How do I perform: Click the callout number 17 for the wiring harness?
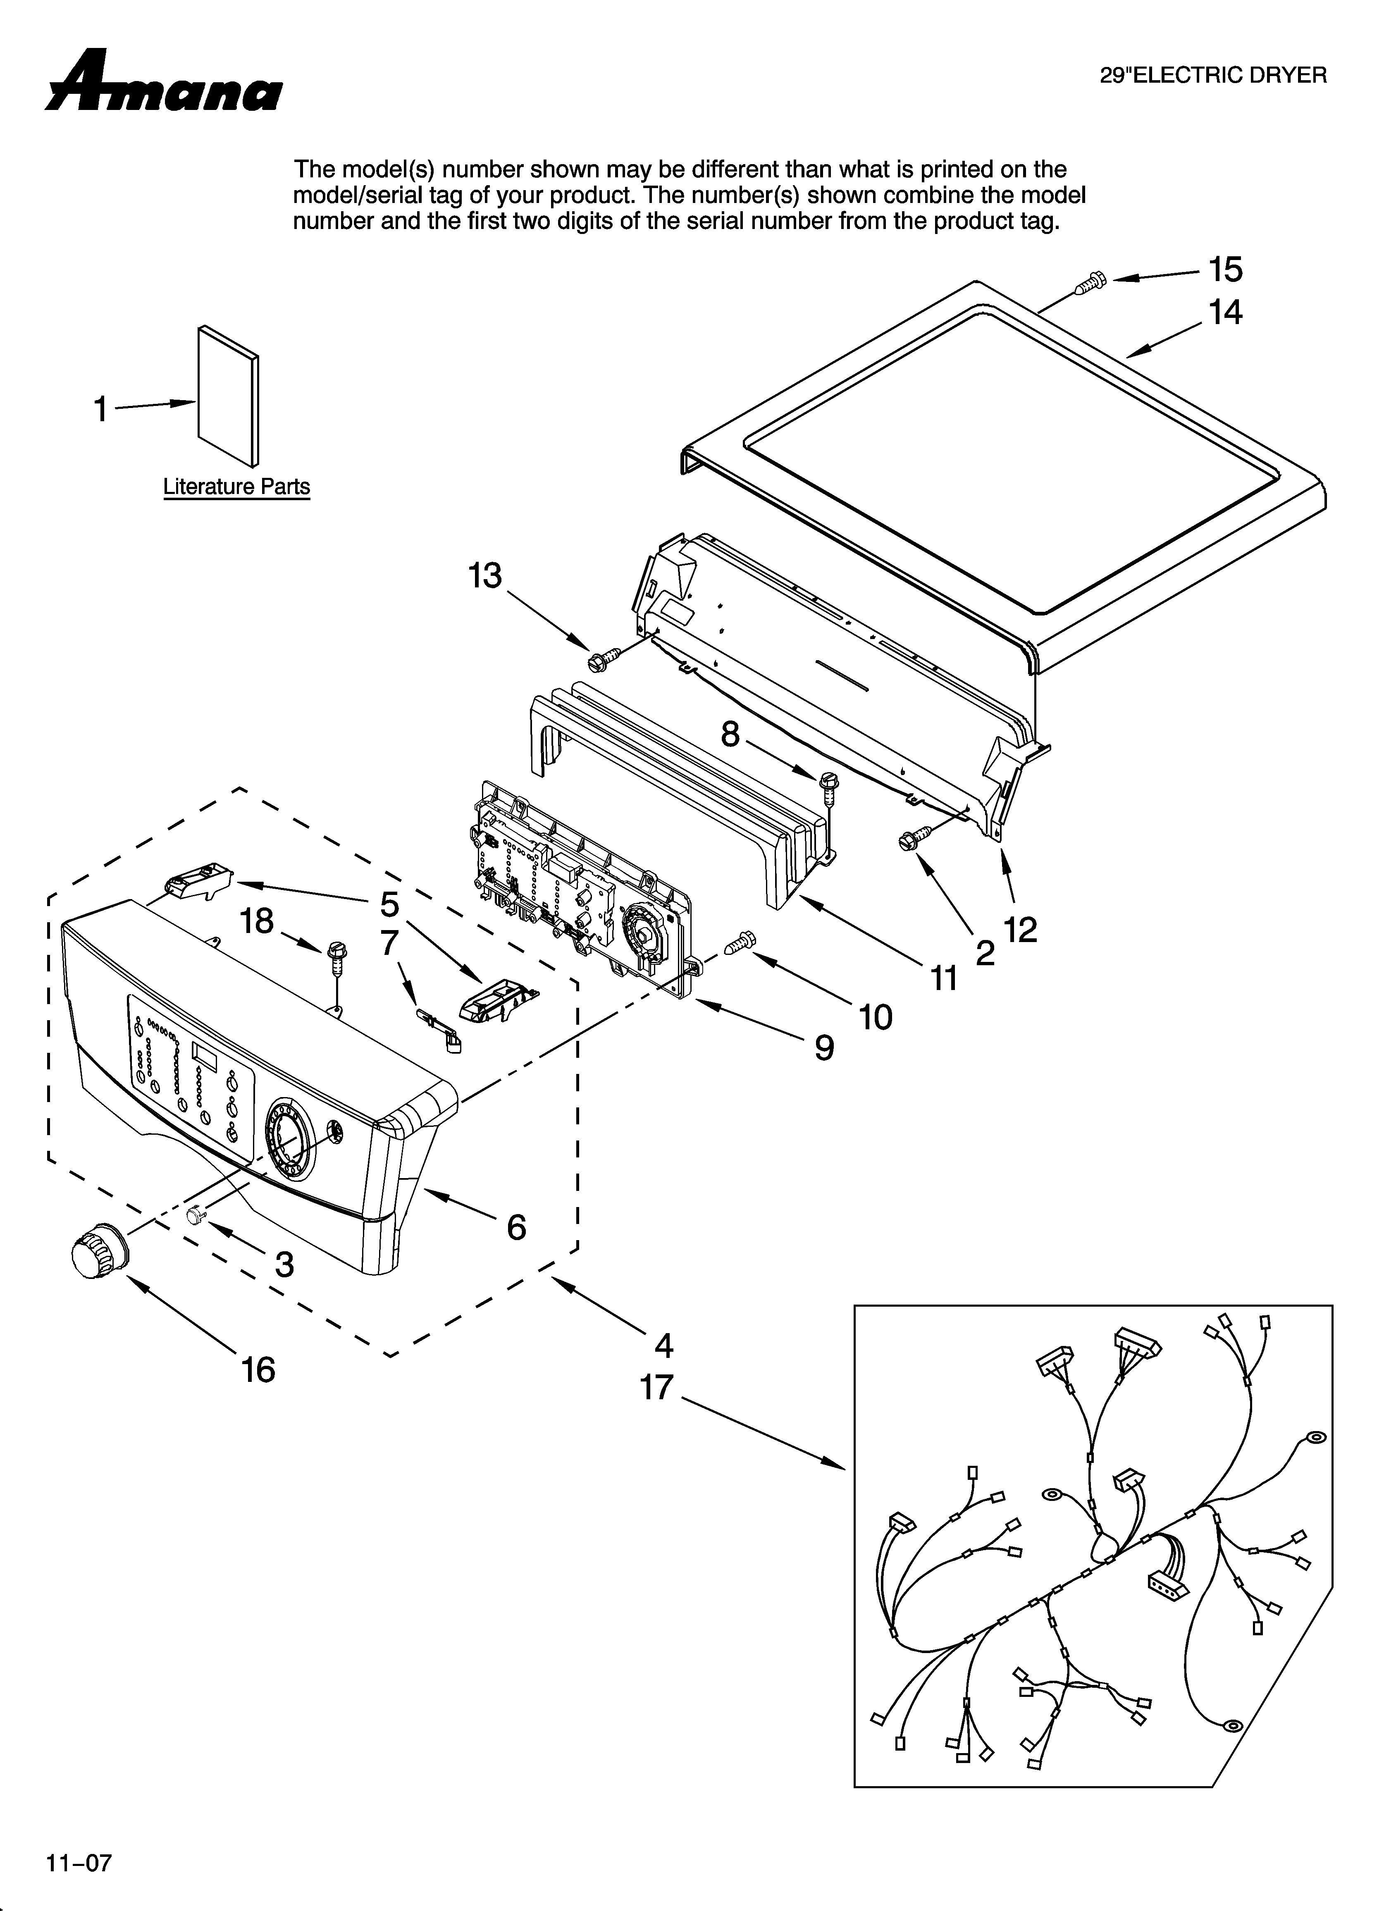tap(656, 1387)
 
